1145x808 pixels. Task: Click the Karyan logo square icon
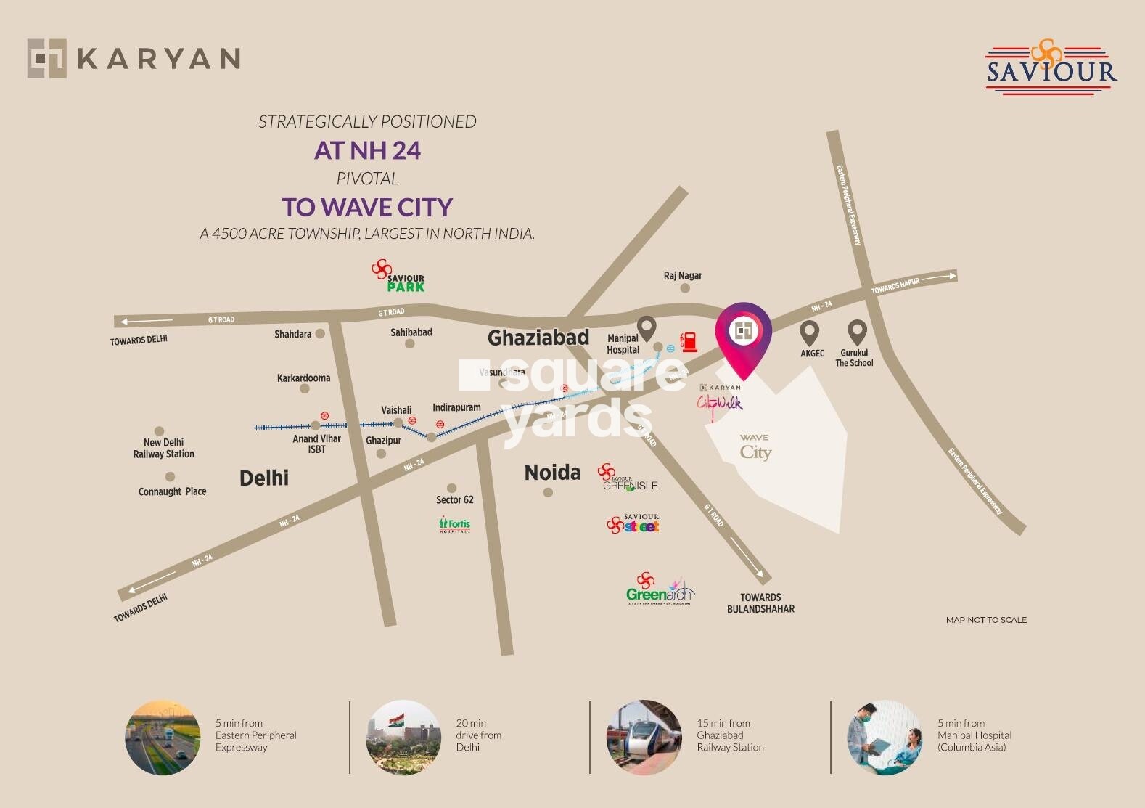[x=47, y=58]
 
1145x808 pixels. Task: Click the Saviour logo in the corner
[x=1051, y=67]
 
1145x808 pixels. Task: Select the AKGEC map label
[x=812, y=354]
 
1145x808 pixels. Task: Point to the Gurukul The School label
[x=854, y=358]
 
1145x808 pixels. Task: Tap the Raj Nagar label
[x=683, y=276]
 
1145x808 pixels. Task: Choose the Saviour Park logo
[x=398, y=277]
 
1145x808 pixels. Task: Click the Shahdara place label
[x=293, y=335]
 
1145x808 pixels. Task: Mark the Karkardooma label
[x=303, y=378]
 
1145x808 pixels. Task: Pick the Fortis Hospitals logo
[x=455, y=525]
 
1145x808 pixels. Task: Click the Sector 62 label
[x=455, y=499]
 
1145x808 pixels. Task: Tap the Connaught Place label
[x=172, y=491]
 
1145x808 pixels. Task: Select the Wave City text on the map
[x=755, y=447]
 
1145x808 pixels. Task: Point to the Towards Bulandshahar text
[x=760, y=603]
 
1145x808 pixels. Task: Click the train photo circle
[x=644, y=737]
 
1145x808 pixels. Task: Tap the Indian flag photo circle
[x=403, y=737]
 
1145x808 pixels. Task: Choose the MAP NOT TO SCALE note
[x=986, y=620]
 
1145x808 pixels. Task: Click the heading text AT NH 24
[x=367, y=150]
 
